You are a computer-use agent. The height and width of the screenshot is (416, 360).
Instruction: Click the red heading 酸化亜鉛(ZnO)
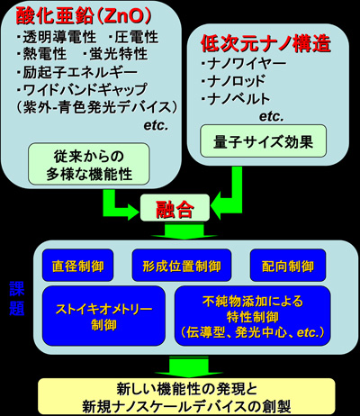84,15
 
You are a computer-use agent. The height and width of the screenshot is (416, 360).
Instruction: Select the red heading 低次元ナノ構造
265,44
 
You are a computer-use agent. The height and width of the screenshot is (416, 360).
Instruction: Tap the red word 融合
175,209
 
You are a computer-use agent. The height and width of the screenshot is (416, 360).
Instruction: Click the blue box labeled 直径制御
78,266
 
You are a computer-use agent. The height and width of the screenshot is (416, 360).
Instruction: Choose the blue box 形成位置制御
182,266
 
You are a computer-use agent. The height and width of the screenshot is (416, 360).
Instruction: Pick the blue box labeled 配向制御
288,266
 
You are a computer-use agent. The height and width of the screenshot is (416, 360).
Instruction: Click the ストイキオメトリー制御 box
103,316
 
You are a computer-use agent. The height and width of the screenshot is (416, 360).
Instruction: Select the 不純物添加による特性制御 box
253,316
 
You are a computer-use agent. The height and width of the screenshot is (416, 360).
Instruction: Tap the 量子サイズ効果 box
263,141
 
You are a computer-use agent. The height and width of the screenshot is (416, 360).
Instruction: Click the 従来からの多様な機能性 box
89,164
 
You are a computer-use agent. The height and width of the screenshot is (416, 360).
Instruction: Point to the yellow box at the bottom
186,396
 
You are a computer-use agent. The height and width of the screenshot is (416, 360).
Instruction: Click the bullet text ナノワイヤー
244,63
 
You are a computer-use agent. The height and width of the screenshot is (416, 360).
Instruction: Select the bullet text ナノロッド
233,81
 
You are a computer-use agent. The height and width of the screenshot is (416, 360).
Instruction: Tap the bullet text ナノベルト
236,99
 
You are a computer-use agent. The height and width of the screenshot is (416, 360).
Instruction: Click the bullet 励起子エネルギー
76,72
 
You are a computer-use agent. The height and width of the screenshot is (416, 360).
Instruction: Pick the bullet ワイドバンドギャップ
82,89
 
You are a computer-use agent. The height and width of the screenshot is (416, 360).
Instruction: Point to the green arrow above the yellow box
188,367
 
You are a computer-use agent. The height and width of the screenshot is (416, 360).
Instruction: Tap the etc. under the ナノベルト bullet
271,117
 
